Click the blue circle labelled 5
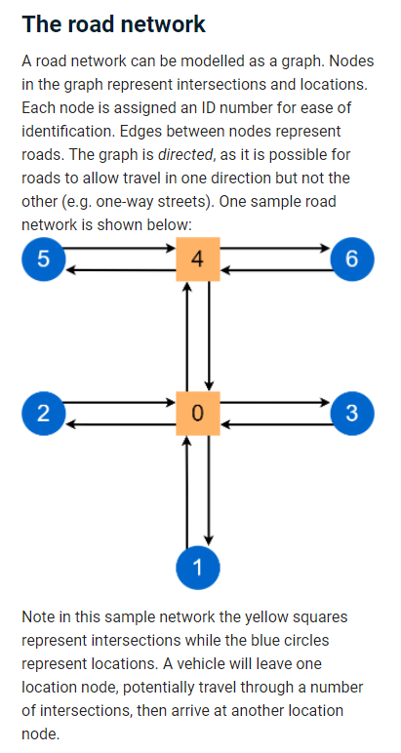(43, 258)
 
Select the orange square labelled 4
(197, 258)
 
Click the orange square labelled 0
(197, 413)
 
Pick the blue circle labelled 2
(43, 413)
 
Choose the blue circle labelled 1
(197, 569)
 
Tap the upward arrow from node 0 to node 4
(186, 337)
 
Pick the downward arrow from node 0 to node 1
(208, 488)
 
